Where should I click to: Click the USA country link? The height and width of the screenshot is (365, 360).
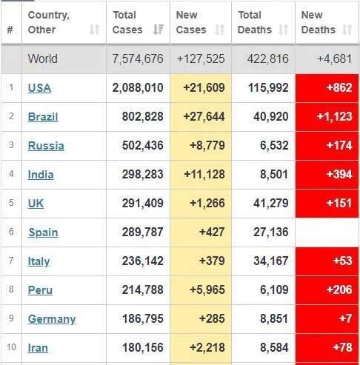tap(39, 88)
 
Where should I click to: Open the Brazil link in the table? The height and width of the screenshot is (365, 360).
tap(43, 117)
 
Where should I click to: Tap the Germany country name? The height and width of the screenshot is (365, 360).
tap(52, 319)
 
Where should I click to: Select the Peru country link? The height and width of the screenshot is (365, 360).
tap(40, 290)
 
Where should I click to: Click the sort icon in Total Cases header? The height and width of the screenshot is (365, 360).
tap(159, 30)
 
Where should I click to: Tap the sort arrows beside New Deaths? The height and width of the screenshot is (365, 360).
tap(347, 30)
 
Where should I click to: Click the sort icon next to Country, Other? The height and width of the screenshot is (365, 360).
tap(94, 30)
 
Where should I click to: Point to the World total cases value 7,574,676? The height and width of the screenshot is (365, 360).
tap(138, 58)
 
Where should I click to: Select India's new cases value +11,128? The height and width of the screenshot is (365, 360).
tap(204, 175)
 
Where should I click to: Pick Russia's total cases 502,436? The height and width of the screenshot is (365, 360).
tap(143, 145)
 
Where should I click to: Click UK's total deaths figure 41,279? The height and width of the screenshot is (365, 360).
tap(271, 204)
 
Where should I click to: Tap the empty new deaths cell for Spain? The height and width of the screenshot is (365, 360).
tap(327, 232)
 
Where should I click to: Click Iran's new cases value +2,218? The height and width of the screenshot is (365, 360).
tap(207, 347)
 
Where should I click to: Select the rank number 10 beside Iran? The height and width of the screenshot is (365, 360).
tap(11, 347)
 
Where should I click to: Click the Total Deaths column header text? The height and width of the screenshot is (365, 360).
tap(255, 22)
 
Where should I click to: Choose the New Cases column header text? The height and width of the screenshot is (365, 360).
tap(191, 22)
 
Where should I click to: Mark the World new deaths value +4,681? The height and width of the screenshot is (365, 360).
tap(335, 58)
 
